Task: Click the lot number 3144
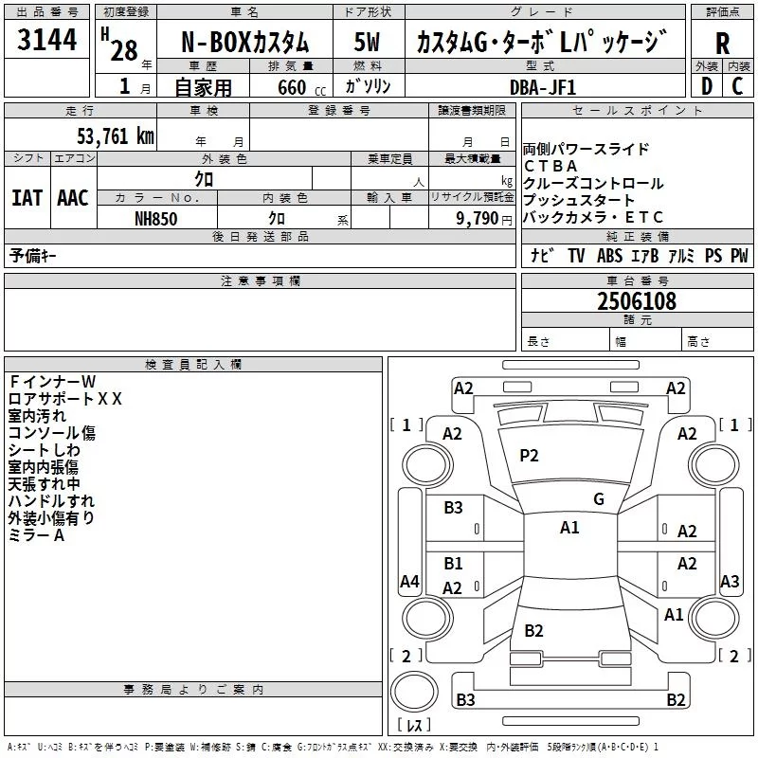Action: [x=46, y=40]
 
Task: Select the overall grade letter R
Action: [x=722, y=44]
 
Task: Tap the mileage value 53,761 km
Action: [x=116, y=136]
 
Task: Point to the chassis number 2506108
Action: [x=637, y=301]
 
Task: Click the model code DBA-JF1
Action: [x=543, y=87]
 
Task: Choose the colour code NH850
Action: [x=156, y=219]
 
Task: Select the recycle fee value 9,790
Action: [x=478, y=219]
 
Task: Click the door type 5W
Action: [x=367, y=42]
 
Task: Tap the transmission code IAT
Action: [x=27, y=198]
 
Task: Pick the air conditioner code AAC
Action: [x=73, y=198]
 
